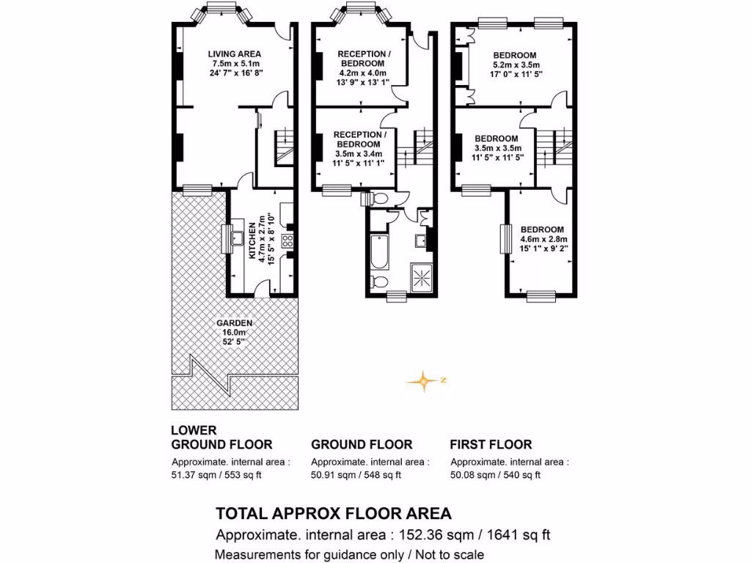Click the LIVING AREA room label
tap(234, 54)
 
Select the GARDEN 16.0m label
tap(234, 323)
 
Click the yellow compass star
tap(422, 380)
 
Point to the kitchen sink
tap(236, 238)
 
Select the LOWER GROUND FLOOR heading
tap(221, 438)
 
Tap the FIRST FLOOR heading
tap(491, 444)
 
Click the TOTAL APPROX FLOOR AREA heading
tap(333, 512)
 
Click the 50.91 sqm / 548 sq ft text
tap(356, 475)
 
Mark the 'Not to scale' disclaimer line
tap(349, 555)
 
